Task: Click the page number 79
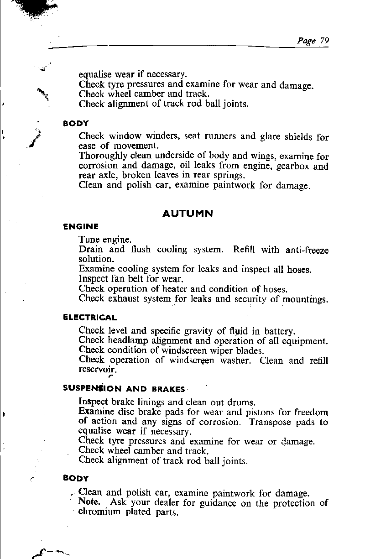point(324,40)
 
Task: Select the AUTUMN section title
point(188,213)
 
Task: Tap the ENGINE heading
point(81,226)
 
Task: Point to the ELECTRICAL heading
point(90,317)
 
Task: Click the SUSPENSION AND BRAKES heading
point(124,389)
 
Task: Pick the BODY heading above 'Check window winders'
point(76,123)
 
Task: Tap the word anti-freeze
point(307,250)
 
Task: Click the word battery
point(279,331)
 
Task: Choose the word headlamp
point(128,341)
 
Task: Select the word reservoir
point(94,369)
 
